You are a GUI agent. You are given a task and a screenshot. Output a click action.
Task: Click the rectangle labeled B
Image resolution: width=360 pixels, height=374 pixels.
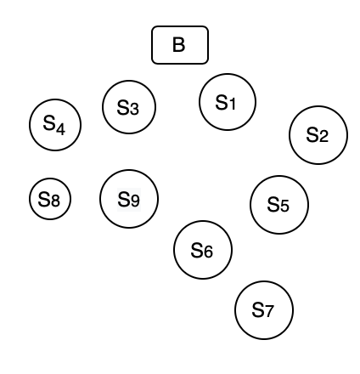pyautogui.click(x=179, y=45)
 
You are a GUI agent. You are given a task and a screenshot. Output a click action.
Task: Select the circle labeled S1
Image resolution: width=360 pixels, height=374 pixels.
pyautogui.click(x=228, y=102)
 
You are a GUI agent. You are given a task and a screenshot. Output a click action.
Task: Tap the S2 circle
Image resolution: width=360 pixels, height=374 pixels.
pyautogui.click(x=318, y=134)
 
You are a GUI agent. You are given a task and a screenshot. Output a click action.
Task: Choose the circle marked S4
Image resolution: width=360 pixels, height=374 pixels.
pyautogui.click(x=54, y=125)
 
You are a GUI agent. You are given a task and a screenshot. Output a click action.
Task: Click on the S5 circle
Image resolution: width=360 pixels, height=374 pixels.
pyautogui.click(x=279, y=204)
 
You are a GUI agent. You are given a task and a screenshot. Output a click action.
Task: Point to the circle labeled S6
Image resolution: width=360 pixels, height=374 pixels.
pyautogui.click(x=203, y=250)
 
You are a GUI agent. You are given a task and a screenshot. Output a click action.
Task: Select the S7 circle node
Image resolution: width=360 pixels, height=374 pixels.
pyautogui.click(x=264, y=310)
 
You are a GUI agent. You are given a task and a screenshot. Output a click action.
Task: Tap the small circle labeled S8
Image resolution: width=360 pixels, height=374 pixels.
pyautogui.click(x=50, y=200)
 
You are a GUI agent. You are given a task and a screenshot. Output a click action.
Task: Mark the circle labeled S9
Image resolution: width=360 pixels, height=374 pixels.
pyautogui.click(x=129, y=199)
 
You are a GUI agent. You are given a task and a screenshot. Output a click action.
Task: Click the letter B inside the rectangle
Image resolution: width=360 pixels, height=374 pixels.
pyautogui.click(x=179, y=45)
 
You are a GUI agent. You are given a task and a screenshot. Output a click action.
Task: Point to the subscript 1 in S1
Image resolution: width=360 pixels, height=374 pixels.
pyautogui.click(x=233, y=104)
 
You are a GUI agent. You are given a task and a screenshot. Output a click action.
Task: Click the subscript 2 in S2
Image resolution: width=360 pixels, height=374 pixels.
pyautogui.click(x=323, y=136)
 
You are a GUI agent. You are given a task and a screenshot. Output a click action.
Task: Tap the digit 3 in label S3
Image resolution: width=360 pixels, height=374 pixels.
pyautogui.click(x=135, y=109)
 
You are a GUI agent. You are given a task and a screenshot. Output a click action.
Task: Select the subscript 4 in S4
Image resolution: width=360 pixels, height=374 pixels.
pyautogui.click(x=59, y=128)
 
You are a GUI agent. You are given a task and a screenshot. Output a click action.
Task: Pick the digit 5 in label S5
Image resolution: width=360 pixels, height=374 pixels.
pyautogui.click(x=284, y=206)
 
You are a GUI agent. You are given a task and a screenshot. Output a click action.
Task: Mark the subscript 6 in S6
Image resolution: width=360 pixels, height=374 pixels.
pyautogui.click(x=208, y=252)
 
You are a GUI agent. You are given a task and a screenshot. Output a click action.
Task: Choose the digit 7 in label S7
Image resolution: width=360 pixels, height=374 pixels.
pyautogui.click(x=269, y=312)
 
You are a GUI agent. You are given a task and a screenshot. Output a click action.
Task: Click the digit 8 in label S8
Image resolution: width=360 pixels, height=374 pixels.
pyautogui.click(x=55, y=201)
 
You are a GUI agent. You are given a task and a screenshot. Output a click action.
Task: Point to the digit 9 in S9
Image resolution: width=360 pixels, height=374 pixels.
pyautogui.click(x=134, y=201)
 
